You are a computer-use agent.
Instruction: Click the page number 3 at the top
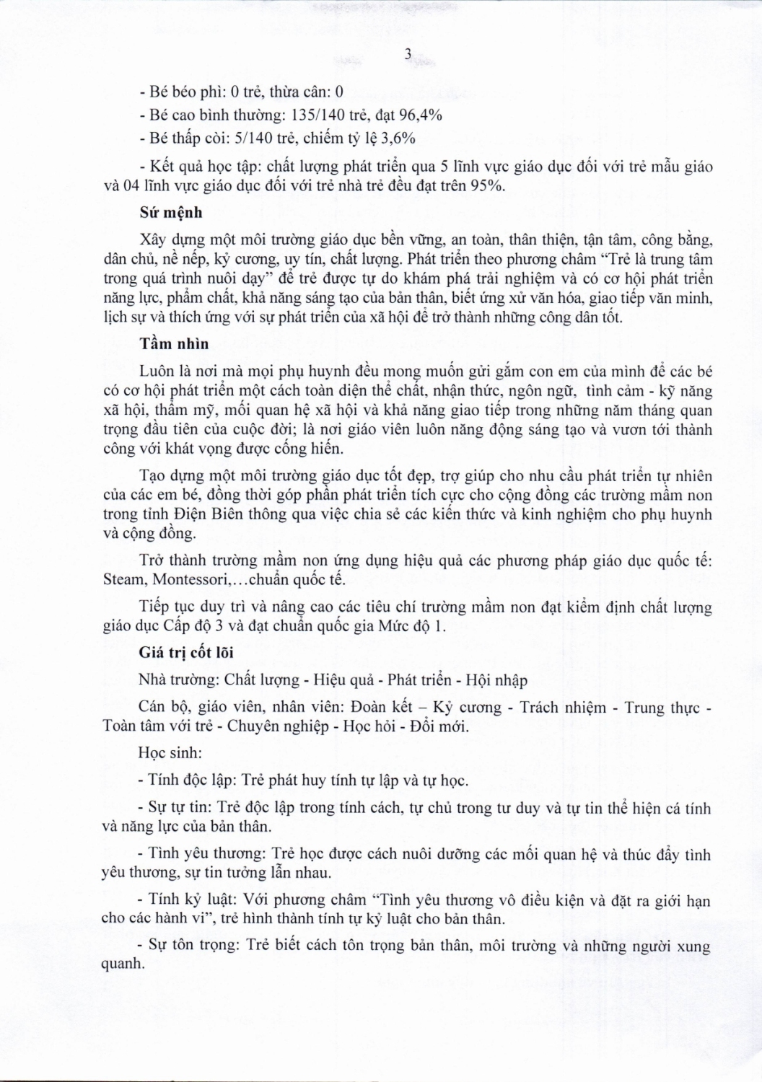[408, 54]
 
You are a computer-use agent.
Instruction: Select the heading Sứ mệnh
[170, 213]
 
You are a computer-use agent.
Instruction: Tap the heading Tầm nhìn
[174, 344]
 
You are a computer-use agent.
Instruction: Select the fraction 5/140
[248, 138]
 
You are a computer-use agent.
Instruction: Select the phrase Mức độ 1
[415, 626]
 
